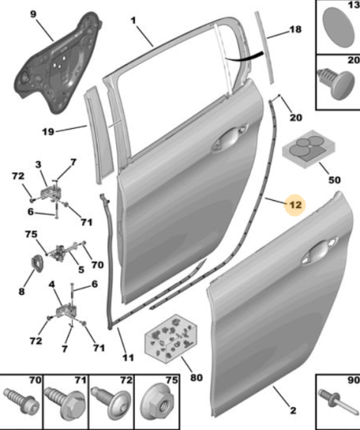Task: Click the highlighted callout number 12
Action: tap(295, 205)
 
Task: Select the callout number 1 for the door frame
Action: tap(134, 20)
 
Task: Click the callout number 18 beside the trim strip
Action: tap(295, 29)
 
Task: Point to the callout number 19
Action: tap(48, 132)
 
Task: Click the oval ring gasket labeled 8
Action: tap(35, 263)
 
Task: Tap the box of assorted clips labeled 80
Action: tap(171, 339)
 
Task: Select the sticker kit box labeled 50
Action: tap(308, 149)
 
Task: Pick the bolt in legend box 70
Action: tap(21, 401)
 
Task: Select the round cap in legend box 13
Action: tap(338, 27)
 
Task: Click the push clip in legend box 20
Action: tap(337, 84)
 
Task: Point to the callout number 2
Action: tap(293, 410)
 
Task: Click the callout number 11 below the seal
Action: tap(128, 357)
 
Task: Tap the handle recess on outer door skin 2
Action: tap(318, 251)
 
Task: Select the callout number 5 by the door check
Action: tap(81, 270)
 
